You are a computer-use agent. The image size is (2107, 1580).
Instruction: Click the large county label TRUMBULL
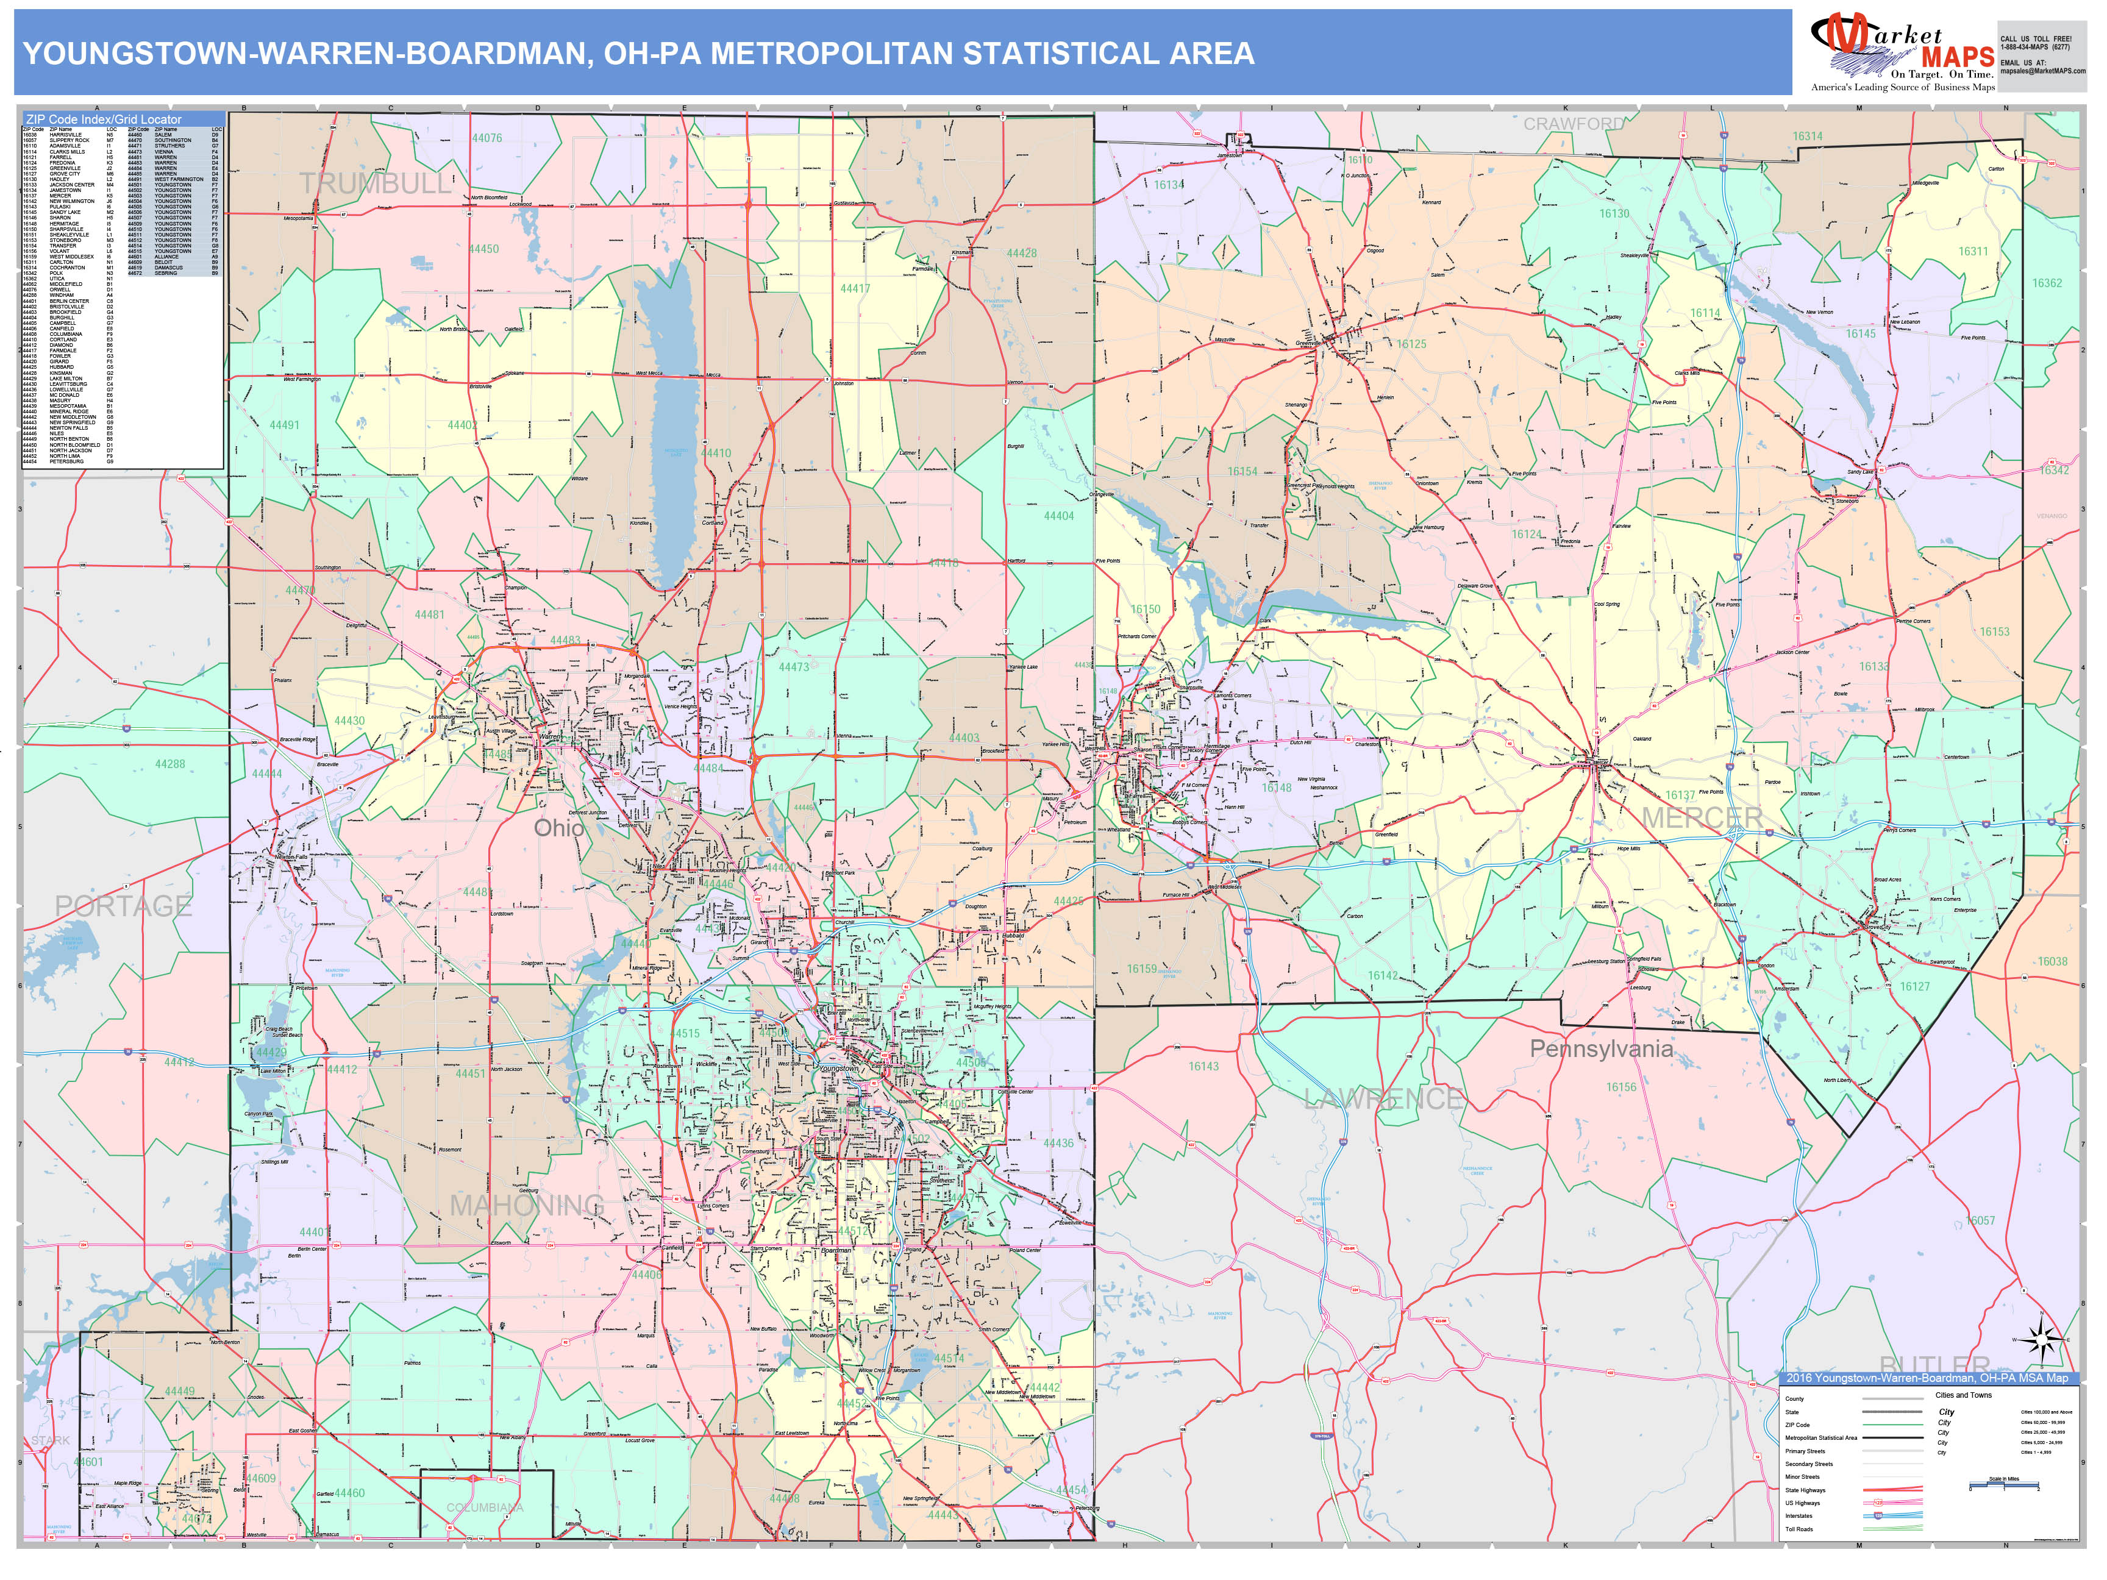(376, 185)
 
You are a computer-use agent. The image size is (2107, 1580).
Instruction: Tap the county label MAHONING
(527, 1206)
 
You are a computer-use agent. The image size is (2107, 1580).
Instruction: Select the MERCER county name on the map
(1702, 817)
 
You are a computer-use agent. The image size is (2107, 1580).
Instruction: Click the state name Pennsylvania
(1601, 1048)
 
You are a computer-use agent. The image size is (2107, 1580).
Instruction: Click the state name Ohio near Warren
(559, 828)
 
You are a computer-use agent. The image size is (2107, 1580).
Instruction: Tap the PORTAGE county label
(123, 906)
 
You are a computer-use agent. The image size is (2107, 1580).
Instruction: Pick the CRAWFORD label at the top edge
(1574, 124)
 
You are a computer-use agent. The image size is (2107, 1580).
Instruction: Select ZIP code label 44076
(487, 138)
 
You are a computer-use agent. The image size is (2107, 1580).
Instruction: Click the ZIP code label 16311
(1973, 251)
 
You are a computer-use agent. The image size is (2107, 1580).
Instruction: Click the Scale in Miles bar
(2003, 1485)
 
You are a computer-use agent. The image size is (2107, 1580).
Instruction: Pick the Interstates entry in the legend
(1799, 1515)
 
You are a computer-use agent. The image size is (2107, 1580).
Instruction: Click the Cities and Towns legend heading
(1963, 1395)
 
